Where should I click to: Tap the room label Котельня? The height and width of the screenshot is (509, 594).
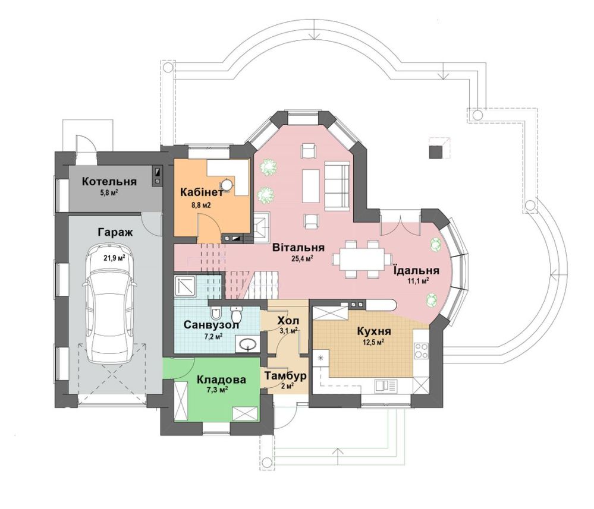tap(109, 181)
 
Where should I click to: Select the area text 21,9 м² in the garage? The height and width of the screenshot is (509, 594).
tap(114, 258)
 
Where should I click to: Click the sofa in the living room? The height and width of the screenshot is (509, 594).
tap(337, 185)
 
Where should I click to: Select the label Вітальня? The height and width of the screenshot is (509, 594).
tap(298, 248)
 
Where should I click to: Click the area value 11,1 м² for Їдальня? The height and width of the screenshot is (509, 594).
tap(418, 281)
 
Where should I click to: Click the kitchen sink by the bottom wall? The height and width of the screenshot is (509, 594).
tap(386, 385)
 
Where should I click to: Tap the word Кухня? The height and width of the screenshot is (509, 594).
tap(374, 331)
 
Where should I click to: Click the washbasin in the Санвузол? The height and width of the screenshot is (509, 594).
tap(248, 344)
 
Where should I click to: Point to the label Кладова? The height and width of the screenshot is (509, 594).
tap(221, 379)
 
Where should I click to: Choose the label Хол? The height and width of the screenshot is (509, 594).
tap(288, 321)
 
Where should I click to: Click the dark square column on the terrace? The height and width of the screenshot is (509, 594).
tap(436, 151)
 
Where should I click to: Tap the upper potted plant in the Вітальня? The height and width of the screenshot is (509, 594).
tap(268, 167)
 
